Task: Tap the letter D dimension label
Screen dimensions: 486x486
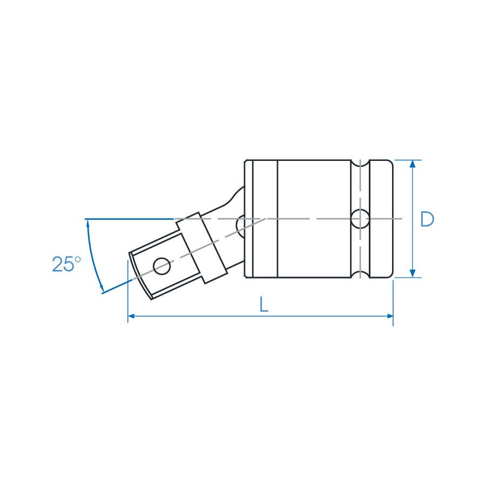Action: pos(427,219)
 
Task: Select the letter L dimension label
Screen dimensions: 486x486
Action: pos(263,305)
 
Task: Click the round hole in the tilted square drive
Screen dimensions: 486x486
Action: pos(161,266)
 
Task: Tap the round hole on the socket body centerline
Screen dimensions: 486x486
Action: pos(359,219)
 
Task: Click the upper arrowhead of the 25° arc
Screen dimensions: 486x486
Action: pos(87,224)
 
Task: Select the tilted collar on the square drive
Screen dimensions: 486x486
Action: pos(200,247)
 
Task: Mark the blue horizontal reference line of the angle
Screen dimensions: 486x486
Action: pos(130,219)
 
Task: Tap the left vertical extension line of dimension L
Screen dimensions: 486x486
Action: pos(127,292)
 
